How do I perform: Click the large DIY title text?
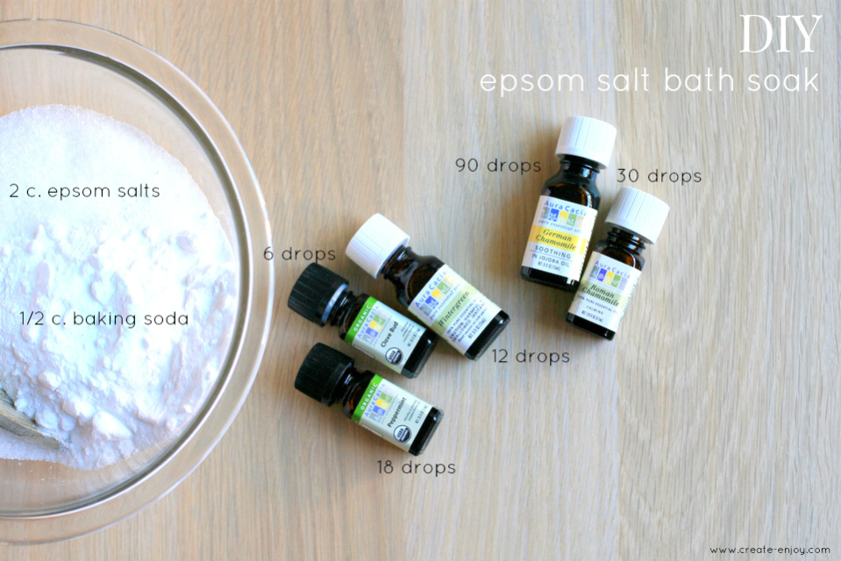pos(780,34)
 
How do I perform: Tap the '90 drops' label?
pos(498,164)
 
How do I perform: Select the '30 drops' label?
pos(659,176)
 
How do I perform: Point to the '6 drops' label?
pos(300,254)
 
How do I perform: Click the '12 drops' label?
pos(530,356)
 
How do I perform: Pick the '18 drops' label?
pos(416,467)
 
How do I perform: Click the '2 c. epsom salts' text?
pos(85,190)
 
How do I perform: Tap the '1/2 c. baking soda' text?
pos(104,318)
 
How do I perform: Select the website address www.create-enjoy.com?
pos(770,550)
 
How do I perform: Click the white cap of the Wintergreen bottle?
pos(377,244)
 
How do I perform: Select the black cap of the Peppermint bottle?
pos(323,373)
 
